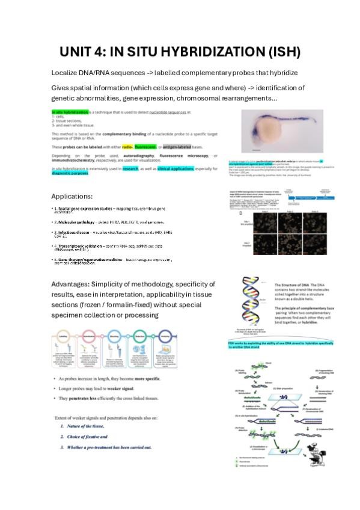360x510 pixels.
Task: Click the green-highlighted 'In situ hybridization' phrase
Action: click(70, 112)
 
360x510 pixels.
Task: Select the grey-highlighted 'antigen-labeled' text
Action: click(179, 146)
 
